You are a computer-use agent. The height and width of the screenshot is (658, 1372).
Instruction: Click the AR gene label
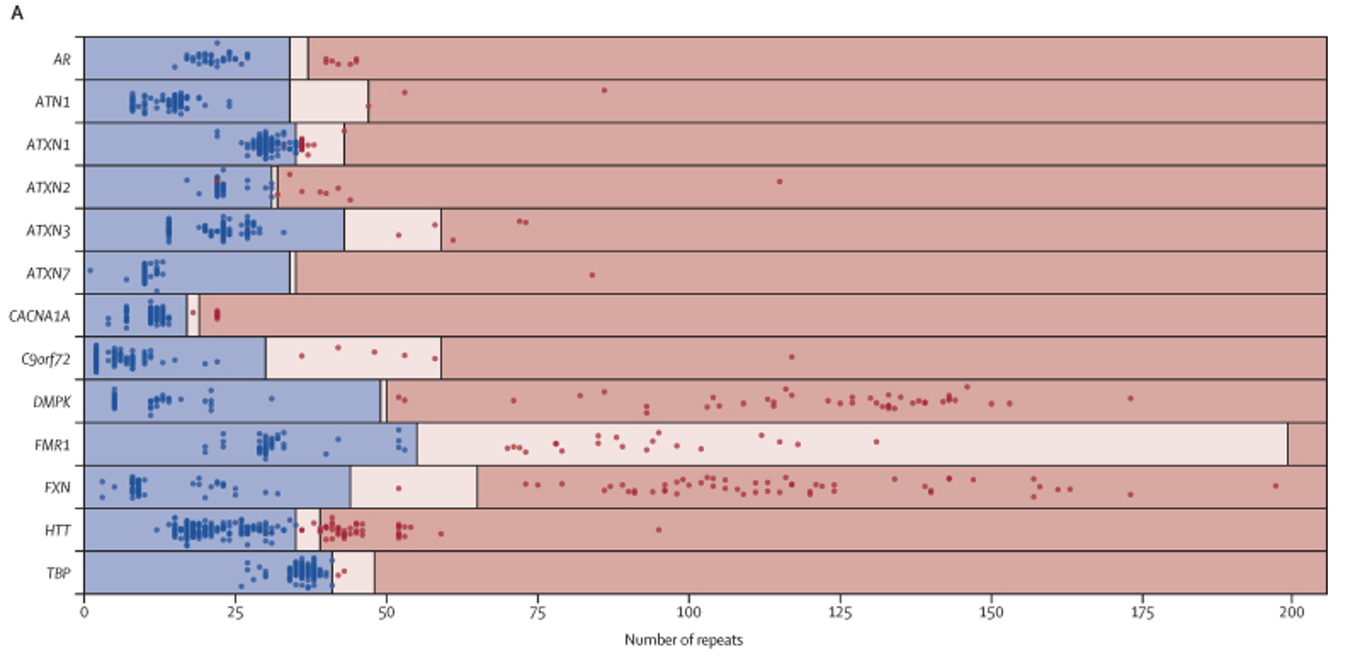pyautogui.click(x=61, y=60)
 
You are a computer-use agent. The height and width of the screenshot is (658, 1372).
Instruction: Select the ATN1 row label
pyautogui.click(x=52, y=102)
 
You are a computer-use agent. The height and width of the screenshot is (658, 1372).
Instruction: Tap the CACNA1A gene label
pyautogui.click(x=39, y=316)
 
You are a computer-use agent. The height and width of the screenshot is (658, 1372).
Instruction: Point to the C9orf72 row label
pyautogui.click(x=45, y=359)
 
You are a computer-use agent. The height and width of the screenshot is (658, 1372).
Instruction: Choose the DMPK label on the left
pyautogui.click(x=51, y=402)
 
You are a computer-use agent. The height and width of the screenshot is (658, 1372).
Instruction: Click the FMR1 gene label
pyautogui.click(x=52, y=445)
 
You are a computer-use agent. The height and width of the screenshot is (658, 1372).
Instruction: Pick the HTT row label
pyautogui.click(x=57, y=531)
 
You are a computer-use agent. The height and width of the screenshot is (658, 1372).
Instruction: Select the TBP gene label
pyautogui.click(x=58, y=573)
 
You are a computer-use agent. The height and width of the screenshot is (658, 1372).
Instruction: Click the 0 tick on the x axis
pyautogui.click(x=84, y=612)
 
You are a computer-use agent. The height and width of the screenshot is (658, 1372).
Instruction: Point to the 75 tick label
pyautogui.click(x=537, y=612)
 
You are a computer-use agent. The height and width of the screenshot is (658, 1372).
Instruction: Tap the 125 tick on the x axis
pyautogui.click(x=839, y=612)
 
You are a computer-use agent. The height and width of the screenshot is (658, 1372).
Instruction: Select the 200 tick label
pyautogui.click(x=1292, y=612)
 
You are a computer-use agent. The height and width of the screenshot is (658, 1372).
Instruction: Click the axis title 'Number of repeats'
pyautogui.click(x=683, y=640)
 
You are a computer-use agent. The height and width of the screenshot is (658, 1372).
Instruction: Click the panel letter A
pyautogui.click(x=17, y=13)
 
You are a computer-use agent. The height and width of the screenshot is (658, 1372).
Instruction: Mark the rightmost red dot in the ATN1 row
pyautogui.click(x=604, y=91)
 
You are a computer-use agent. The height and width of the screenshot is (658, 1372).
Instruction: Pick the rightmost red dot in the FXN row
pyautogui.click(x=1275, y=486)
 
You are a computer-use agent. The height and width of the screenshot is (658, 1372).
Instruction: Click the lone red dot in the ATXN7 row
pyautogui.click(x=592, y=275)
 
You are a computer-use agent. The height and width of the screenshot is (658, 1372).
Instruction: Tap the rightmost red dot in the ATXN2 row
pyautogui.click(x=780, y=182)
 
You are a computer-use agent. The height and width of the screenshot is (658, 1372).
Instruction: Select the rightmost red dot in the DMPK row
pyautogui.click(x=1131, y=399)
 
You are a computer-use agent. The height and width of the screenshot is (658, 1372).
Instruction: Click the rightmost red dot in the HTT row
pyautogui.click(x=658, y=530)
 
